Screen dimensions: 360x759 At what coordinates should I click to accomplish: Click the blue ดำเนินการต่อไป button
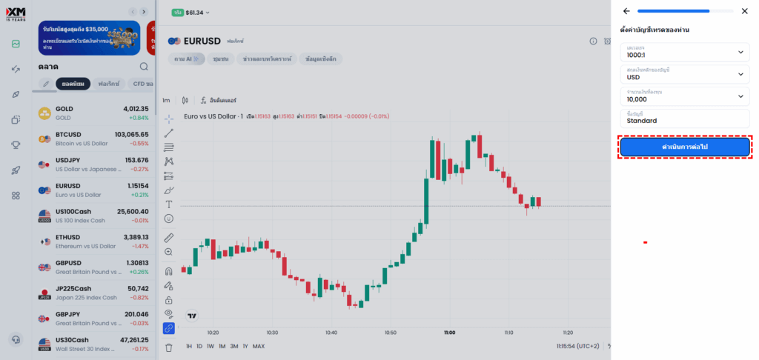pyautogui.click(x=685, y=147)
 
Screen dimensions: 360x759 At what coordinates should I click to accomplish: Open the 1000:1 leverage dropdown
pyautogui.click(x=685, y=52)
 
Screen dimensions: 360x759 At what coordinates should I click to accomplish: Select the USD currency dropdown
pyautogui.click(x=685, y=74)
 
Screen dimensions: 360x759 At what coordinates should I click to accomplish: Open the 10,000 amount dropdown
pyautogui.click(x=685, y=96)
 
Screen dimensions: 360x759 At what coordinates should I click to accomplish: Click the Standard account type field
pyautogui.click(x=685, y=118)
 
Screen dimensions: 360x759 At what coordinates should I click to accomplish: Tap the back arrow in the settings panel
pyautogui.click(x=626, y=11)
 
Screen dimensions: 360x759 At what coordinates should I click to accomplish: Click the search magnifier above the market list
pyautogui.click(x=144, y=66)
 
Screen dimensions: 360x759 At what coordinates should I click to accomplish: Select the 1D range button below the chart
pyautogui.click(x=199, y=346)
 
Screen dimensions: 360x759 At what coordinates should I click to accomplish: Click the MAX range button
pyautogui.click(x=258, y=346)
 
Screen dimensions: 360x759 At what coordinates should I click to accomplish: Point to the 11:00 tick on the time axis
pyautogui.click(x=449, y=333)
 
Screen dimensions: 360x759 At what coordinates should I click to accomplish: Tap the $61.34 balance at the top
pyautogui.click(x=195, y=13)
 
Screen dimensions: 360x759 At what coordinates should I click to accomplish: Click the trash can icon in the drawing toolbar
pyautogui.click(x=168, y=347)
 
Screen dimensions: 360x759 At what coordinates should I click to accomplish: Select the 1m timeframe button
pyautogui.click(x=167, y=100)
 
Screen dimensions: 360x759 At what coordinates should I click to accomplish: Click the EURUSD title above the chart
pyautogui.click(x=203, y=41)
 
